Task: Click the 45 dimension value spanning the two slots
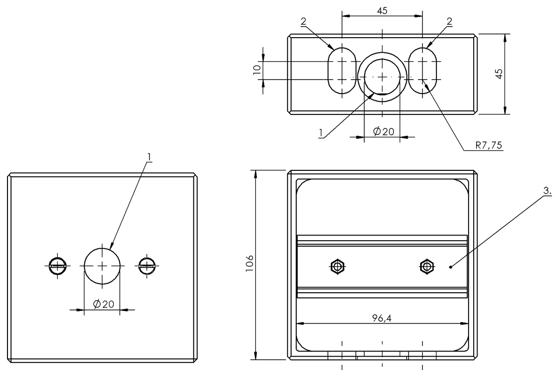[x=382, y=10]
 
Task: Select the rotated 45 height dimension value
[x=498, y=74]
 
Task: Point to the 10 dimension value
[x=256, y=70]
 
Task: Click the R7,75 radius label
[x=488, y=145]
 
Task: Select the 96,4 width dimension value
[x=382, y=318]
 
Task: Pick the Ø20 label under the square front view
[x=103, y=304]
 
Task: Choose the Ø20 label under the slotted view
[x=383, y=132]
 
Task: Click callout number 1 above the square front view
[x=149, y=157]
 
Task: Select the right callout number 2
[x=449, y=21]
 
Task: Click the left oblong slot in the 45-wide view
[x=342, y=70]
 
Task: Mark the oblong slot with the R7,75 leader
[x=423, y=70]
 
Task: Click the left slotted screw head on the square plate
[x=58, y=266]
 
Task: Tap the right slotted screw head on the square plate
[x=147, y=266]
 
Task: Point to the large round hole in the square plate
[x=102, y=266]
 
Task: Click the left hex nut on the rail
[x=337, y=267]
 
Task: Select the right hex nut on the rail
[x=426, y=267]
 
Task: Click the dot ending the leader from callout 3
[x=450, y=267]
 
